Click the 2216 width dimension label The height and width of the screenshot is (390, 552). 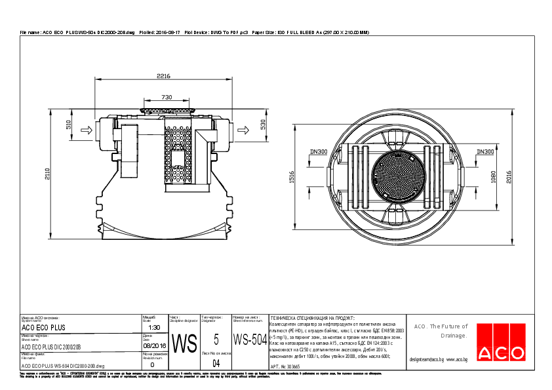(163, 77)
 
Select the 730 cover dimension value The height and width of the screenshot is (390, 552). (167, 97)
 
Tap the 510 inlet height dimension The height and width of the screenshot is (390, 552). (68, 125)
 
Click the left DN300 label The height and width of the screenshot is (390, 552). (318, 152)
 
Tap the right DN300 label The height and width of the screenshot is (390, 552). (485, 152)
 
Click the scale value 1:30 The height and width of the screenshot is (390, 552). (154, 327)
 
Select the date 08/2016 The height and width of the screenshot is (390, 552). (154, 345)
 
